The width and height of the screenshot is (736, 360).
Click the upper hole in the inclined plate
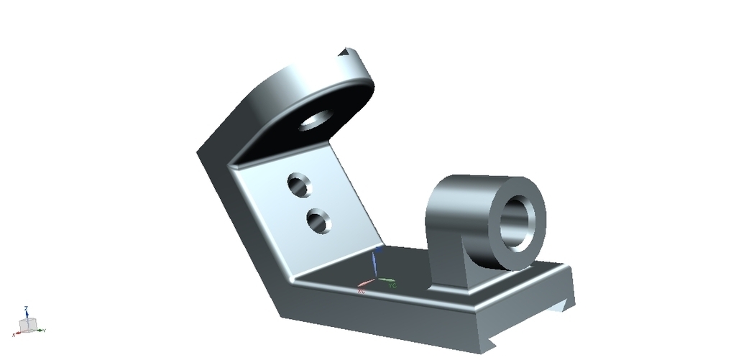tap(300, 184)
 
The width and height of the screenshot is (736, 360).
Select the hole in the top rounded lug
tap(313, 120)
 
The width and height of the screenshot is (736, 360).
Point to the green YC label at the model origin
tap(392, 285)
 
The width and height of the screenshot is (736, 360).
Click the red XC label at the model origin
tap(362, 291)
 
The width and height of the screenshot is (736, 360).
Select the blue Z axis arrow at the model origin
tap(373, 263)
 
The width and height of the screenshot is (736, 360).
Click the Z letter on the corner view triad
tap(26, 308)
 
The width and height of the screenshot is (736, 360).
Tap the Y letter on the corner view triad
tap(45, 330)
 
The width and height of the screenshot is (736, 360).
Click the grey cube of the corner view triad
tap(27, 326)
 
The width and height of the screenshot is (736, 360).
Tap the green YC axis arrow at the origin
tap(385, 280)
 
